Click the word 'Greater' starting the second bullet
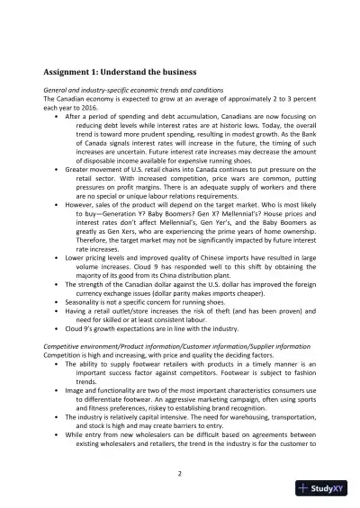coord(79,192)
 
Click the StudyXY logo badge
coord(325,488)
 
